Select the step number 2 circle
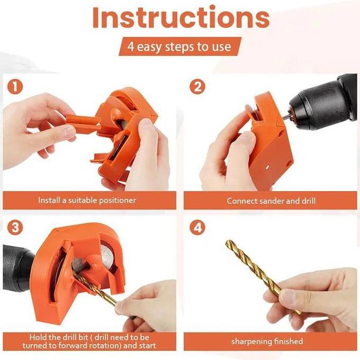pos(196,86)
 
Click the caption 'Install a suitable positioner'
pos(87,201)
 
